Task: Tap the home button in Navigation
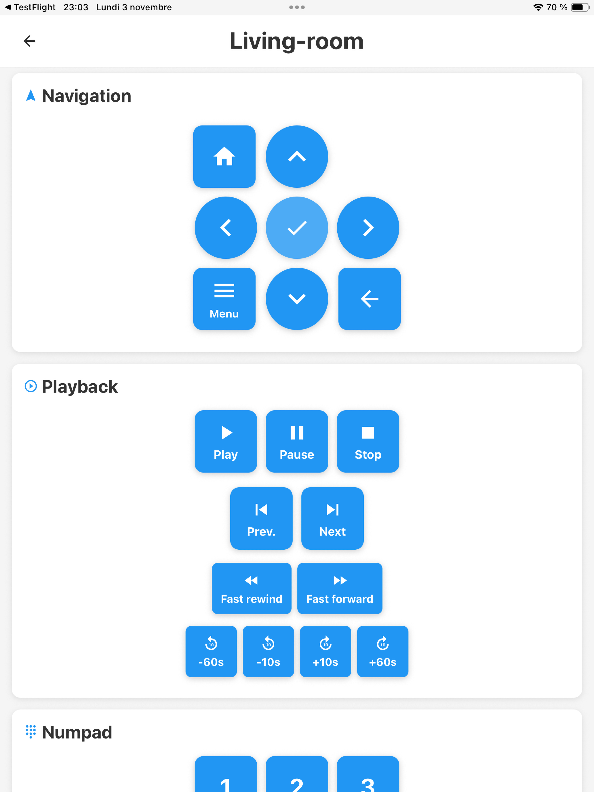(x=224, y=157)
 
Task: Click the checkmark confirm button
(x=297, y=228)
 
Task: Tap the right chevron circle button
(x=368, y=228)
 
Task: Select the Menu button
(x=224, y=299)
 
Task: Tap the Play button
(x=226, y=441)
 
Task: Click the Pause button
(x=297, y=441)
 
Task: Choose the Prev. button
(x=261, y=518)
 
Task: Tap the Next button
(x=332, y=518)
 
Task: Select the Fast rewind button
(x=252, y=588)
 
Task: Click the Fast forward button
(x=340, y=588)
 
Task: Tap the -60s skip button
(x=211, y=651)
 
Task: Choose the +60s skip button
(x=383, y=651)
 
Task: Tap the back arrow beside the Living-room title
(x=29, y=41)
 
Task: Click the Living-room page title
(x=296, y=41)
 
